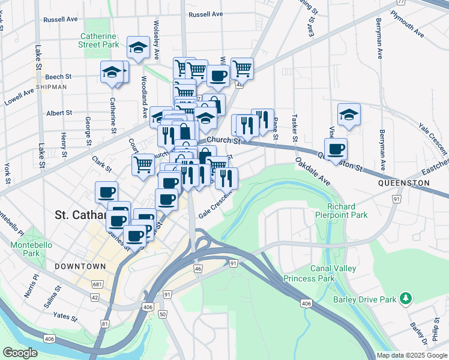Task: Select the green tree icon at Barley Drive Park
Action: [x=406, y=298]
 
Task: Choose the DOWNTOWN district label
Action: [x=79, y=266]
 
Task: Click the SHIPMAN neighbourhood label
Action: [x=51, y=87]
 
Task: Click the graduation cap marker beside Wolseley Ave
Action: [x=139, y=47]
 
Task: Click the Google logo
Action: [x=20, y=352]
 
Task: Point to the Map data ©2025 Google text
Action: [x=412, y=355]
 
